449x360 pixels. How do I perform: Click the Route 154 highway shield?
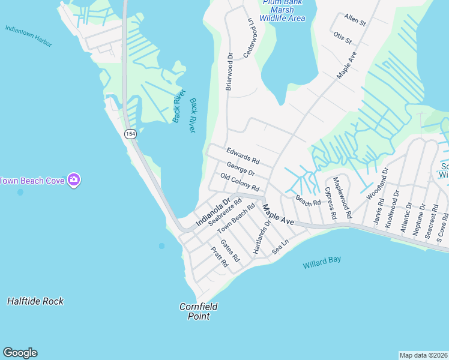tap(130, 133)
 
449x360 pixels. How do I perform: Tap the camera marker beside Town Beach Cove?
tap(74, 179)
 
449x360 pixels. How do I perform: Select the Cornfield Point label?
tap(198, 311)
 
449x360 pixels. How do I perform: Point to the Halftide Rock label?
tap(35, 301)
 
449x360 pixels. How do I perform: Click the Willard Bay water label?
tap(321, 262)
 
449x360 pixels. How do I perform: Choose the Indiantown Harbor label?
tap(28, 36)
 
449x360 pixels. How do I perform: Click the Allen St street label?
tap(355, 20)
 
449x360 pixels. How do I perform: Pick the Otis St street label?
tap(342, 37)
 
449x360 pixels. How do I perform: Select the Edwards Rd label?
tap(243, 157)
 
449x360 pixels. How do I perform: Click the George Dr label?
tap(241, 169)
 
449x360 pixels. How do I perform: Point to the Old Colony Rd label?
tap(240, 182)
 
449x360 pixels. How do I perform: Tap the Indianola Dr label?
tap(213, 212)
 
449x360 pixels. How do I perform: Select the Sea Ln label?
tap(280, 245)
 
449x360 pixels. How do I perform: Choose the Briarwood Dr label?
tap(229, 71)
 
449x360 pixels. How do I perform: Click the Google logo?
tap(20, 353)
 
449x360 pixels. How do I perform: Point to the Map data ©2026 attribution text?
tap(423, 355)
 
